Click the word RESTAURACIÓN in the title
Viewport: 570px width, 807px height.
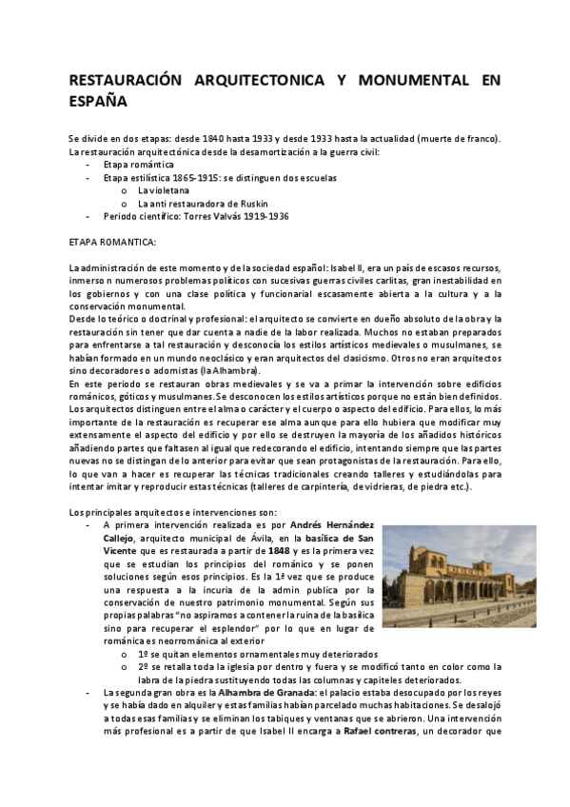tap(124, 81)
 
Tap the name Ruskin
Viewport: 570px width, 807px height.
tap(250, 204)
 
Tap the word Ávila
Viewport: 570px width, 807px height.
tap(259, 539)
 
